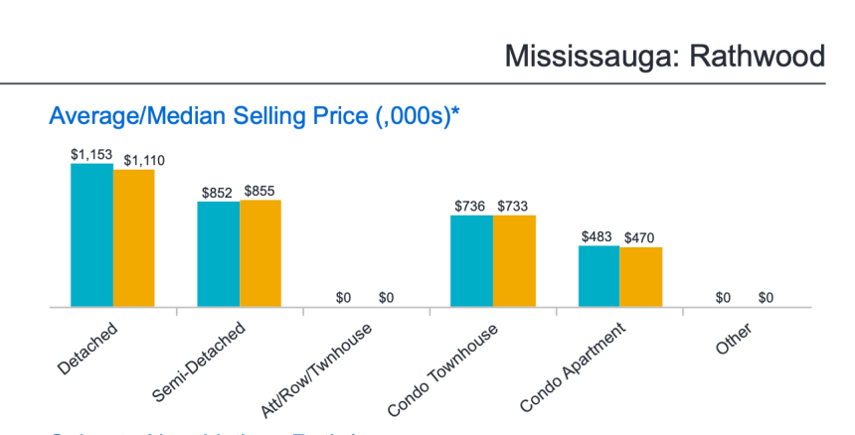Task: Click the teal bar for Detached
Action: pyautogui.click(x=91, y=236)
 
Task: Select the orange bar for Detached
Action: pyautogui.click(x=134, y=239)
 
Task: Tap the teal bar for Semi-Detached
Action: pyautogui.click(x=218, y=254)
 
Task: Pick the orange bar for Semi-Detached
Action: pyautogui.click(x=260, y=254)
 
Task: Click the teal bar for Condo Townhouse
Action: pyautogui.click(x=471, y=261)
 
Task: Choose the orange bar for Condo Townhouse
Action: pyautogui.click(x=514, y=261)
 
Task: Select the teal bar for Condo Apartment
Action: pyautogui.click(x=598, y=277)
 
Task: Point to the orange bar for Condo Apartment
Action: pyautogui.click(x=641, y=278)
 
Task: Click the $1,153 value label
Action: pyautogui.click(x=90, y=154)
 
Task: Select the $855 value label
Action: pyautogui.click(x=260, y=191)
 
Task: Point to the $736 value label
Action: pyautogui.click(x=471, y=206)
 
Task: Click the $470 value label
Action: pyautogui.click(x=640, y=238)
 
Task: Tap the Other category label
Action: pyautogui.click(x=732, y=338)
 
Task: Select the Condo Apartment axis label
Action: pyautogui.click(x=573, y=365)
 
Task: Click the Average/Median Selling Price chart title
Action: pyautogui.click(x=254, y=116)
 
